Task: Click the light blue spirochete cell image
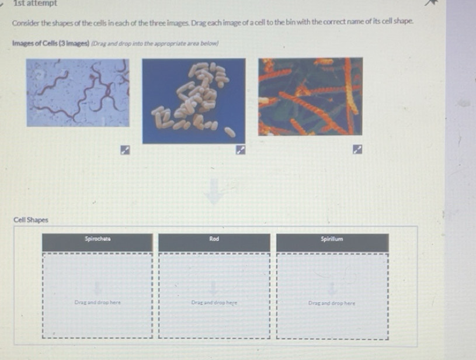point(78,92)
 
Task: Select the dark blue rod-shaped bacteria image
point(193,101)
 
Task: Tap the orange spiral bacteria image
point(310,96)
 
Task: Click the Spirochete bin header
point(97,239)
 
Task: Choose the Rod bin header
point(214,239)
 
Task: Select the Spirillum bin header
point(332,239)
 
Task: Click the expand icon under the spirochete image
point(124,151)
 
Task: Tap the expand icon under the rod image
point(240,151)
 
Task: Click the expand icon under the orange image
point(357,151)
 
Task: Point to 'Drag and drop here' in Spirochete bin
point(97,303)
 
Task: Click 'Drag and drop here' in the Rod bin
point(214,303)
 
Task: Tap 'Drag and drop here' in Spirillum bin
point(332,303)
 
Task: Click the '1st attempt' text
point(35,4)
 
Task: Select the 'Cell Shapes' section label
point(31,220)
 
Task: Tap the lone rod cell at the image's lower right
point(230,132)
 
